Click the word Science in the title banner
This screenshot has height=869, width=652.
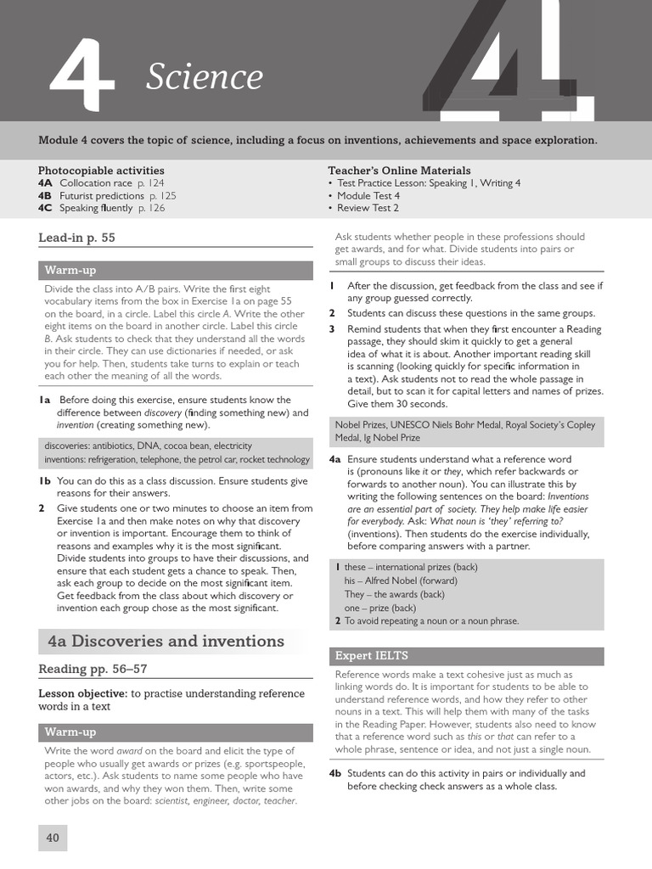[205, 77]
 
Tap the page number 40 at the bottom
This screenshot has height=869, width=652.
[53, 838]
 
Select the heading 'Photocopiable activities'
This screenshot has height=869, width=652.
[101, 171]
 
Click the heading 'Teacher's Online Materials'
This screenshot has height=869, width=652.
[399, 171]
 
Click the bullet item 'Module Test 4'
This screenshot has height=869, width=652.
[368, 195]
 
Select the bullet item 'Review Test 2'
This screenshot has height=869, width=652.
[368, 208]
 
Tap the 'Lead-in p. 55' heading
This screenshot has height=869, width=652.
[76, 238]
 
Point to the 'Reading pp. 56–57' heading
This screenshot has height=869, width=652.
[93, 669]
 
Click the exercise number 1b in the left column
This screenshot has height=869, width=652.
[45, 481]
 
